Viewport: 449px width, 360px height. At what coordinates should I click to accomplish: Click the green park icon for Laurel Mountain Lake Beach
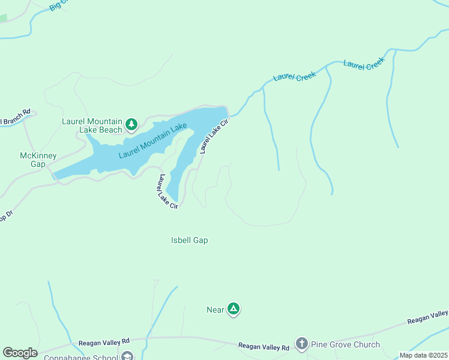coord(131,125)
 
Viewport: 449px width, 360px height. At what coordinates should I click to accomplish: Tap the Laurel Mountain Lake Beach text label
coord(92,125)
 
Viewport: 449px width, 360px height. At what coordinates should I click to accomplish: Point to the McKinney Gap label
coord(38,160)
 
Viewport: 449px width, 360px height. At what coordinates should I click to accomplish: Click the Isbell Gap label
coord(189,240)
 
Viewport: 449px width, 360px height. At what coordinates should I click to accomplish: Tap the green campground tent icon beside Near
coord(234,310)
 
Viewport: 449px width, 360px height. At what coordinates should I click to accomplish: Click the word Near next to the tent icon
coord(215,310)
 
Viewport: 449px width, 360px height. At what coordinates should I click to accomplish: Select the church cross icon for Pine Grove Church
coord(301,344)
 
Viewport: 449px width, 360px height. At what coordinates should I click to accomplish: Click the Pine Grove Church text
coord(345,344)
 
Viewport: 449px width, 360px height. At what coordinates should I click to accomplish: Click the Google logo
coord(20,353)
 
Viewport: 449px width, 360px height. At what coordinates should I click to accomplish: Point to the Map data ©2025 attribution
coord(423,355)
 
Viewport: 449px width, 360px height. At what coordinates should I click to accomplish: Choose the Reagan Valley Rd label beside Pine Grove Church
coord(264,346)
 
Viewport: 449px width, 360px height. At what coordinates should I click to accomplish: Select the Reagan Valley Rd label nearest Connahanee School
coord(104,343)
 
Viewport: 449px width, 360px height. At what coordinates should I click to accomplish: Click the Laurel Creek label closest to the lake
coord(294,77)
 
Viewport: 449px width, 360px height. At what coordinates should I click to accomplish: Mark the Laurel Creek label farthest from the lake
coord(363,64)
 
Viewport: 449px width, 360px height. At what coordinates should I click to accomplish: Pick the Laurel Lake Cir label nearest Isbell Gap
coord(167,192)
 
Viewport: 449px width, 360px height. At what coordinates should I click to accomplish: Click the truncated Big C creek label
coord(61,6)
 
